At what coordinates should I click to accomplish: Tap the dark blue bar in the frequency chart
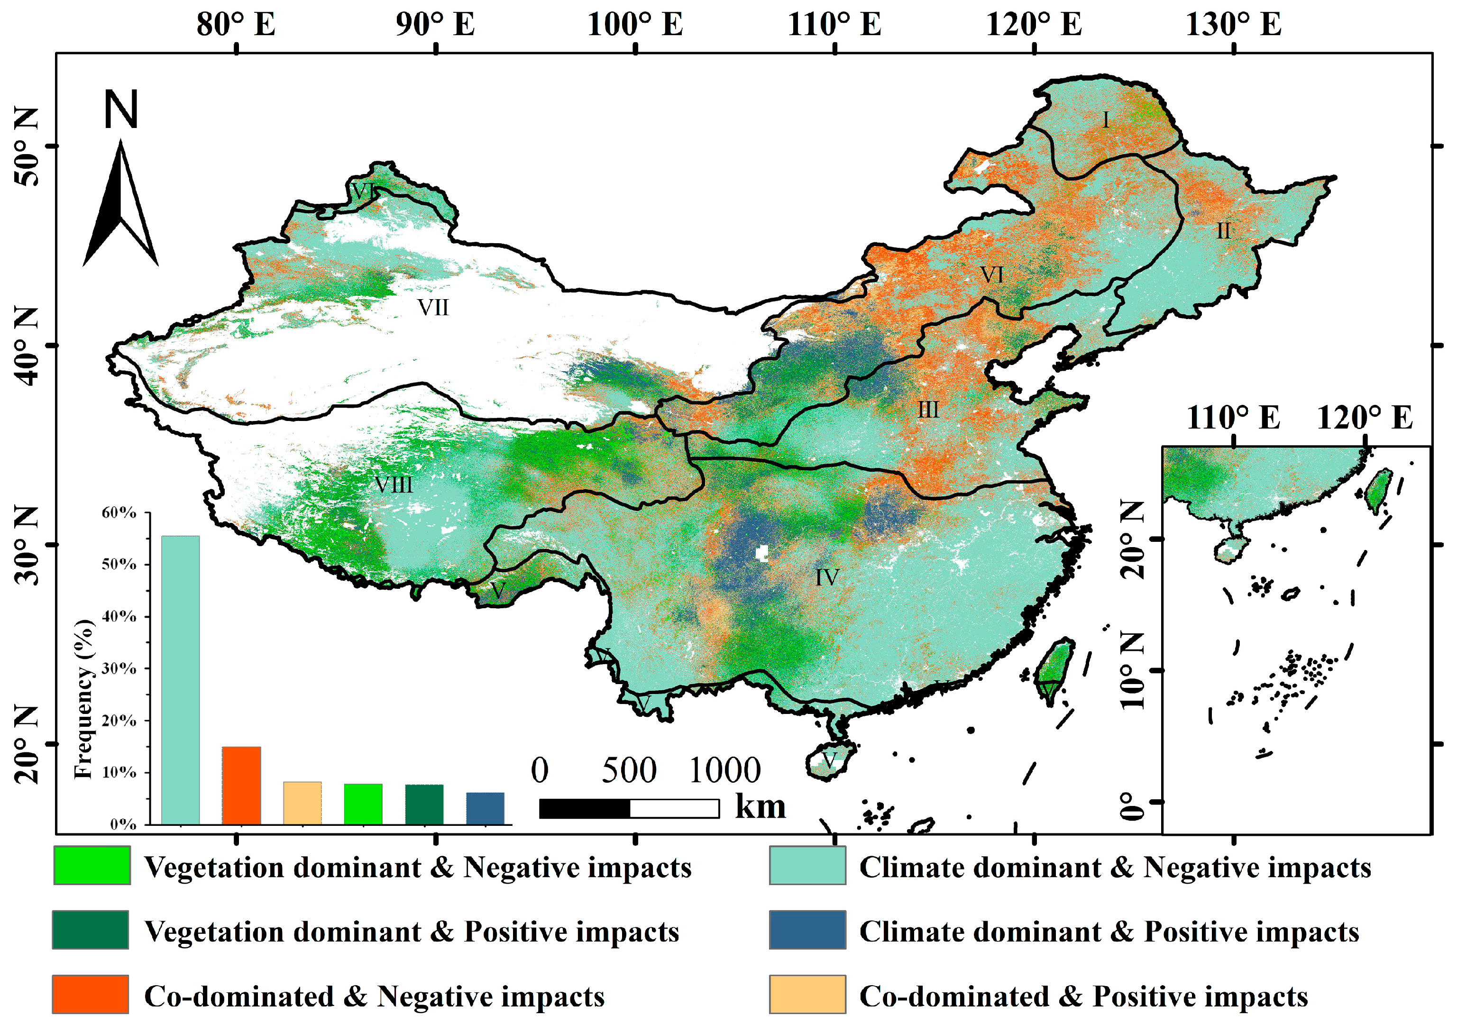(486, 808)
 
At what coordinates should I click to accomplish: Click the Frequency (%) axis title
(84, 698)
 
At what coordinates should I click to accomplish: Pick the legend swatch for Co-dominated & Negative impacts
(91, 994)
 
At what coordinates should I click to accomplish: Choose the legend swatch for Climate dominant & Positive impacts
(807, 930)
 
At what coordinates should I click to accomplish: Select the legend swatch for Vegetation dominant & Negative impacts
(92, 865)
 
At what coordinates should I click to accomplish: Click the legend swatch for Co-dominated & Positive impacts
(807, 994)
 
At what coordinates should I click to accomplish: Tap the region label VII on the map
(433, 308)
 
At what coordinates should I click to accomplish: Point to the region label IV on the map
(827, 577)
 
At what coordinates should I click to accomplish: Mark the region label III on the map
(928, 410)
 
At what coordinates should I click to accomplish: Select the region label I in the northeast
(1106, 120)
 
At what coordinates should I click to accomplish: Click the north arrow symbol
(120, 203)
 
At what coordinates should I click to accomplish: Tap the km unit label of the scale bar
(760, 806)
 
